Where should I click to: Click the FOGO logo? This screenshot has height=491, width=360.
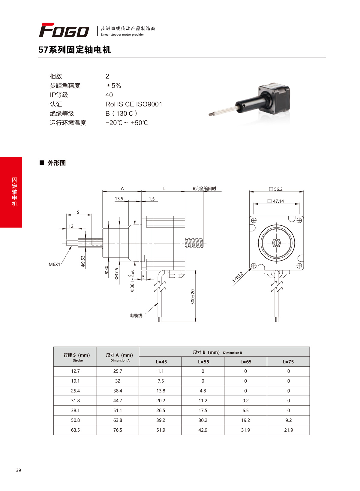64,30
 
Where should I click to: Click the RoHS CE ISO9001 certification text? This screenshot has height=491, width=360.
133,104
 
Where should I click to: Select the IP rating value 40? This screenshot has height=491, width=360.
109,95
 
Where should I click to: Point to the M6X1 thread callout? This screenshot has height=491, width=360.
54,264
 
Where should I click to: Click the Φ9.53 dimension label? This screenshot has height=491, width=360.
83,261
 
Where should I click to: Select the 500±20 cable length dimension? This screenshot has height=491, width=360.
193,297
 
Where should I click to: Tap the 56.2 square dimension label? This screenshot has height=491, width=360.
276,189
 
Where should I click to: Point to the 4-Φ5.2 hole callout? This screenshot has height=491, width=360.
238,277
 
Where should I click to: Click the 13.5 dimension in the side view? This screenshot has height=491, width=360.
119,199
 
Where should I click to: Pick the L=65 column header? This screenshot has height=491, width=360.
246,362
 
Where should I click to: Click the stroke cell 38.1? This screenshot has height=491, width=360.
75,410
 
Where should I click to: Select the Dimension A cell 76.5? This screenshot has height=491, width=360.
118,430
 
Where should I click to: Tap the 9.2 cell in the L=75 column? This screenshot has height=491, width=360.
289,420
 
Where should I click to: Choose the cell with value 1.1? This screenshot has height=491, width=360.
161,371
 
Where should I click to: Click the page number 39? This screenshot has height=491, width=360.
19,470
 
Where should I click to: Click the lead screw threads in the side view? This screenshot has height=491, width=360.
194,243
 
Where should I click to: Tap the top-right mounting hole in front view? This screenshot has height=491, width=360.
299,220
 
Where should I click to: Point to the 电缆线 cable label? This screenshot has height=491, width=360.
136,316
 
